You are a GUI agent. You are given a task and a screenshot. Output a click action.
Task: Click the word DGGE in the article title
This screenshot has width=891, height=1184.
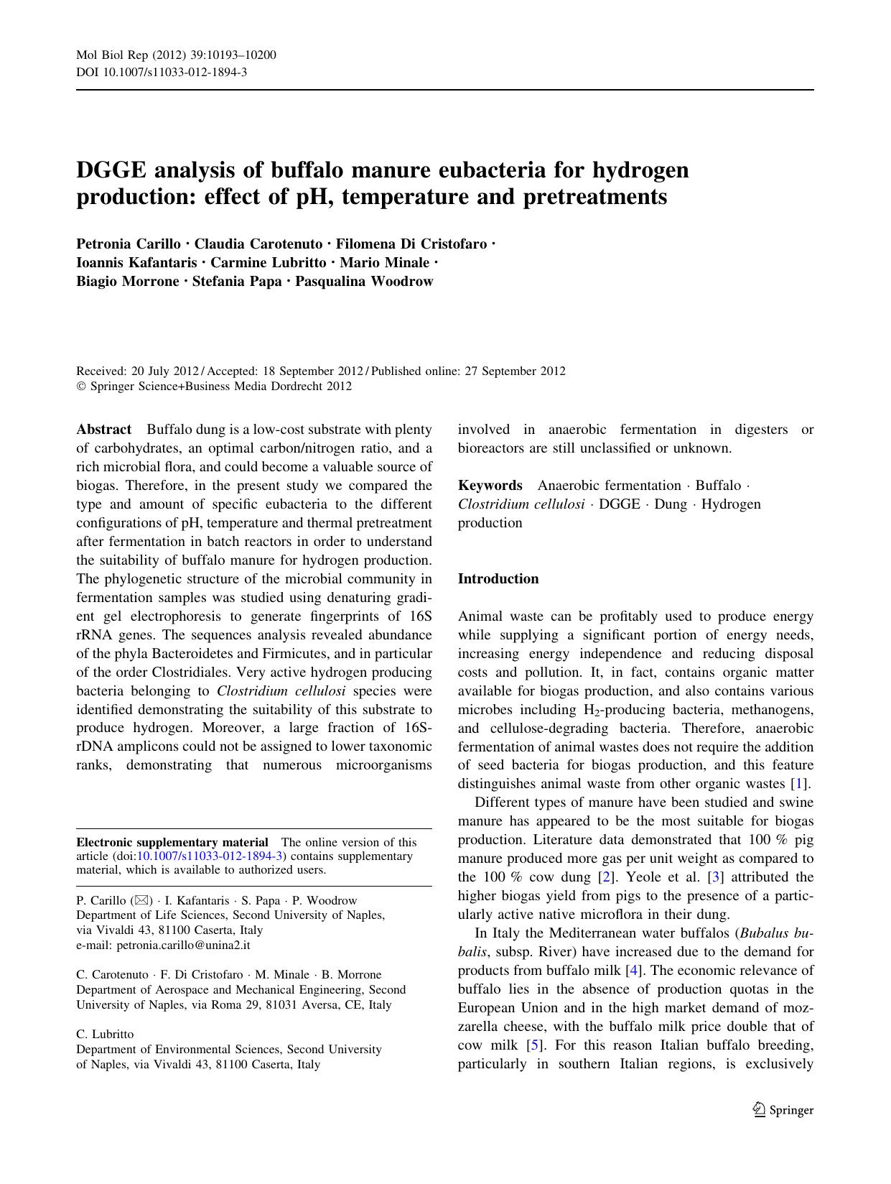116,170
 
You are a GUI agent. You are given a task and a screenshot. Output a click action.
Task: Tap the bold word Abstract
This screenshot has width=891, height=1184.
104,430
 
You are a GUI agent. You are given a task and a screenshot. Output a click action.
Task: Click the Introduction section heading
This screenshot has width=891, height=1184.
498,579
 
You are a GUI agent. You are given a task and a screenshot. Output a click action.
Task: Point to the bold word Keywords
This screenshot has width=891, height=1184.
490,486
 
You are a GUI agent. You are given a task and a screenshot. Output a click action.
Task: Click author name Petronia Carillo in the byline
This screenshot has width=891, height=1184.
129,244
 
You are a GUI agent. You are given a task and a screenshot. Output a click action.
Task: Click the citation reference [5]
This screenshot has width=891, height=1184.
533,1045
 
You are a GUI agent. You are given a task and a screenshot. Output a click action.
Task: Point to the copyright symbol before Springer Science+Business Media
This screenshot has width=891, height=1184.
80,387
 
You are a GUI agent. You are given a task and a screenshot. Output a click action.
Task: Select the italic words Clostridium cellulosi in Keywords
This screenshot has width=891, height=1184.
521,504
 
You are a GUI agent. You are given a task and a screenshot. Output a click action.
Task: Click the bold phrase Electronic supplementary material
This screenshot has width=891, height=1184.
172,842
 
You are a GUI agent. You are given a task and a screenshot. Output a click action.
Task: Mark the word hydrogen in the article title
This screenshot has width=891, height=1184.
640,170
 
